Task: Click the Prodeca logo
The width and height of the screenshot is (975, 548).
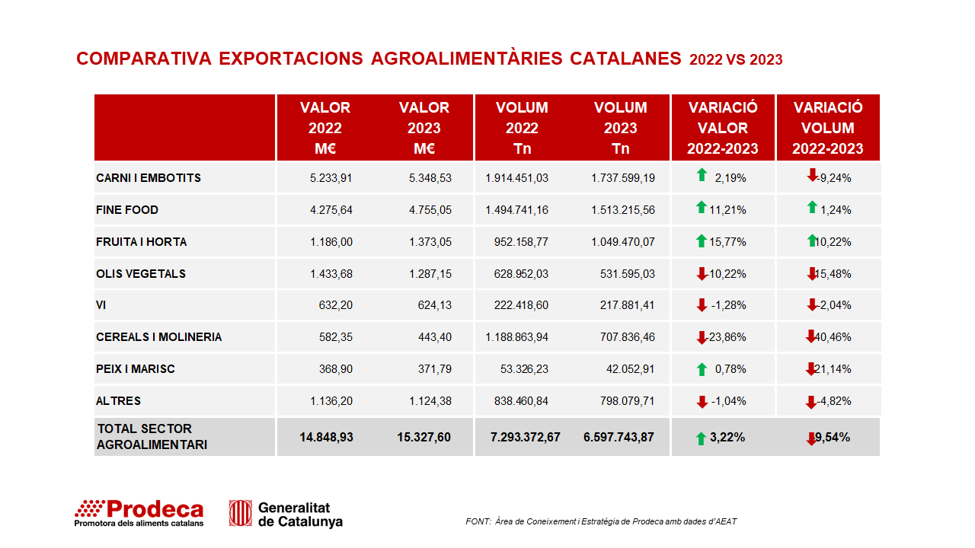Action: tap(139, 513)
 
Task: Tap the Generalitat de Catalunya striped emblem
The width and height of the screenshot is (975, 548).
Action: tap(240, 513)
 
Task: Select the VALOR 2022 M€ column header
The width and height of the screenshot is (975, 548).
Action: tap(325, 128)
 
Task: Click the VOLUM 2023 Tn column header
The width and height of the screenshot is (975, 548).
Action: tap(621, 128)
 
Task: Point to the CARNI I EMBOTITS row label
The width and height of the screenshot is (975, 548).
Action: tap(149, 178)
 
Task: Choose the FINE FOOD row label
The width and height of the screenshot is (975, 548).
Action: tap(127, 210)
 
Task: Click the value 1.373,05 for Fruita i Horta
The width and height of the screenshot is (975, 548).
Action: tap(430, 242)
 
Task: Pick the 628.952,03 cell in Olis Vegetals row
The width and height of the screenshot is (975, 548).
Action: tap(521, 274)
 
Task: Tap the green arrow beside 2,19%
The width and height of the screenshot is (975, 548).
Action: tap(702, 175)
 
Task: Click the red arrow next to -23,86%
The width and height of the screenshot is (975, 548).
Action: tap(702, 337)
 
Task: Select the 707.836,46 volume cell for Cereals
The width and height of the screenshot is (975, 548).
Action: tap(627, 337)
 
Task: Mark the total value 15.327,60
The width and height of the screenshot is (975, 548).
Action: tap(424, 437)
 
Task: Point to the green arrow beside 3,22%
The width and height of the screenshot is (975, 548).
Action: tap(701, 439)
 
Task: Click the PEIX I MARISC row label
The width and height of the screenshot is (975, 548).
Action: tap(136, 369)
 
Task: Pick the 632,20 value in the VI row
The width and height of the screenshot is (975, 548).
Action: tap(336, 305)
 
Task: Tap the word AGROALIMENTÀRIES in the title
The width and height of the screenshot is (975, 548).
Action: tap(467, 59)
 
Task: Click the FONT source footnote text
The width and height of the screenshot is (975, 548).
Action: tap(601, 521)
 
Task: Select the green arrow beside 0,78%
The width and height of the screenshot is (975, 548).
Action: tap(702, 369)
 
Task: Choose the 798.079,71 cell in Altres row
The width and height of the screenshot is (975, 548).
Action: tap(627, 401)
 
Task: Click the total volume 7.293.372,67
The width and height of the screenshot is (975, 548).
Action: tap(526, 437)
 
